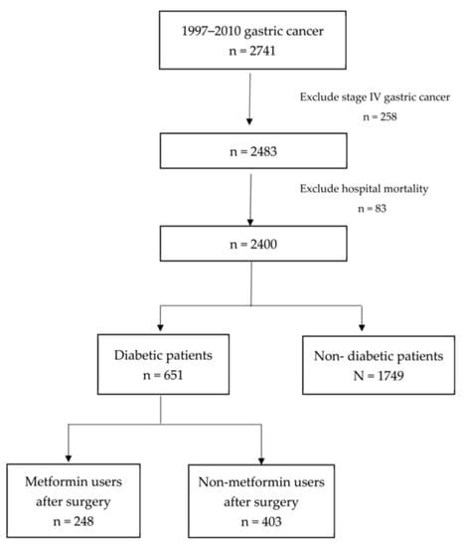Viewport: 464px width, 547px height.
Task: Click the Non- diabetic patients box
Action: pos(362,363)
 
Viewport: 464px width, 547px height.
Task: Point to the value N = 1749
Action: pos(362,377)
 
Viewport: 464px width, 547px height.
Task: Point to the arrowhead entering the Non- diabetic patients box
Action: pos(362,327)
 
